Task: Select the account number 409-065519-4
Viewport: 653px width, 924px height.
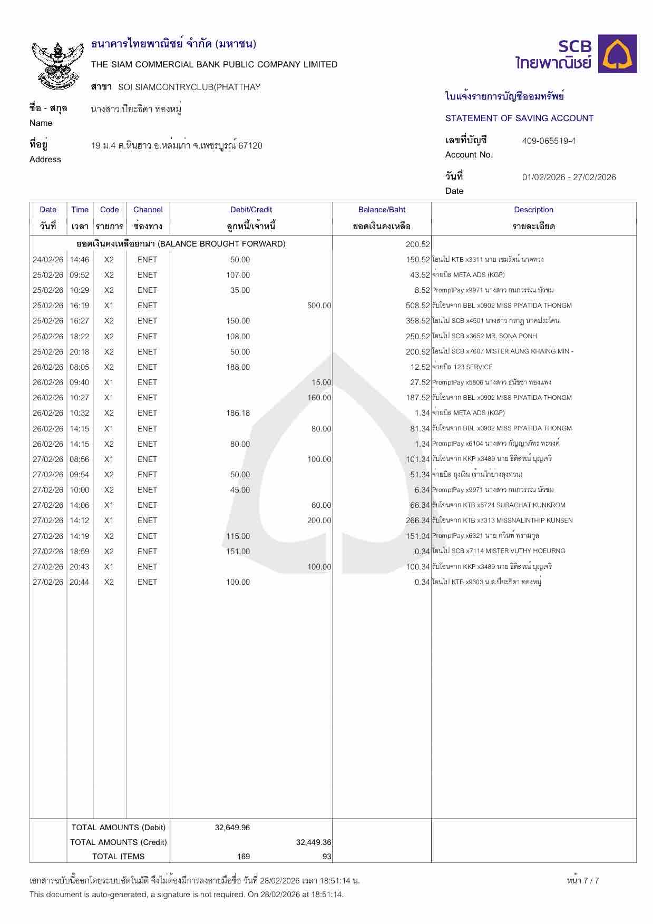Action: pos(549,141)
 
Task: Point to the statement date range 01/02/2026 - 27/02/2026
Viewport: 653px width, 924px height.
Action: pos(569,178)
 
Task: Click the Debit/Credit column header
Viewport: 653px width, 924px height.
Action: pos(251,210)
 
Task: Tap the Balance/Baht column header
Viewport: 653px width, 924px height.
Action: pos(382,210)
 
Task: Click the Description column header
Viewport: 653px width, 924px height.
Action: pos(533,210)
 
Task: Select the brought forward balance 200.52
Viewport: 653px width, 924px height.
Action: pos(418,244)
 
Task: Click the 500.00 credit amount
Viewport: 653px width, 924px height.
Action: pos(319,306)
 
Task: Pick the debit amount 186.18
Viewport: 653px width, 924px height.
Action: pos(238,413)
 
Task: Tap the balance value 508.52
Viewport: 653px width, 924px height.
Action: pos(418,306)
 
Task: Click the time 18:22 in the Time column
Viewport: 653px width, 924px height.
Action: pos(80,337)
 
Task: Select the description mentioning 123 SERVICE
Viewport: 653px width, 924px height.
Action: pos(462,367)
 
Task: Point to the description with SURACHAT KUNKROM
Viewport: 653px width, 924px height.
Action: pos(499,505)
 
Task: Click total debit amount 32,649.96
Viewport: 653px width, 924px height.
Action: pos(232,828)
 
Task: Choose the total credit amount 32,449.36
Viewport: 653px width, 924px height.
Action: pos(314,842)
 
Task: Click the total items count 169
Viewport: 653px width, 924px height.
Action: pos(243,857)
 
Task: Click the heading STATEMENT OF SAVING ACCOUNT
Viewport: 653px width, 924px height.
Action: pos(519,119)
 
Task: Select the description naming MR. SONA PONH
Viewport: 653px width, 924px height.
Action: pos(484,336)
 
